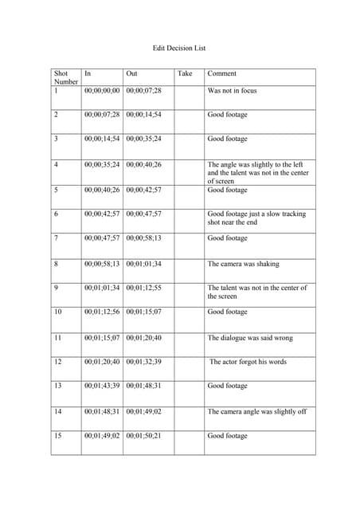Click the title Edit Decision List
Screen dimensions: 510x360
(x=179, y=49)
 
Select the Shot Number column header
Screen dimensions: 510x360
(x=65, y=77)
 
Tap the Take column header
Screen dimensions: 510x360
(x=185, y=73)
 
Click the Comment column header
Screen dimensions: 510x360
(x=222, y=73)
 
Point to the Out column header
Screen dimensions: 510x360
(x=132, y=73)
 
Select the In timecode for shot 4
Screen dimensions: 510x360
(x=102, y=165)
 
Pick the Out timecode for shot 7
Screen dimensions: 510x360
(x=143, y=238)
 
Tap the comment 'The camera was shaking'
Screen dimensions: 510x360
(x=243, y=264)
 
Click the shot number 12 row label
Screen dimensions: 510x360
(x=57, y=362)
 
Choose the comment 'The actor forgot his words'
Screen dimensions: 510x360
(x=248, y=362)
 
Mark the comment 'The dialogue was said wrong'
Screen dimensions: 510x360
(x=249, y=338)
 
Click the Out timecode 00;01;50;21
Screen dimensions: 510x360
(x=143, y=436)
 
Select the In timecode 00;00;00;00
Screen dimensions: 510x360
(x=102, y=91)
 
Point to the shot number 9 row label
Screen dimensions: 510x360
(x=56, y=288)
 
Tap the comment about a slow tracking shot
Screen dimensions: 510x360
(x=256, y=218)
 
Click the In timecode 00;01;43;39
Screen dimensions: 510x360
(x=102, y=386)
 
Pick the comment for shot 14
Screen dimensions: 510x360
(x=256, y=412)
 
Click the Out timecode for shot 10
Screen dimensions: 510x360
(x=143, y=312)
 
